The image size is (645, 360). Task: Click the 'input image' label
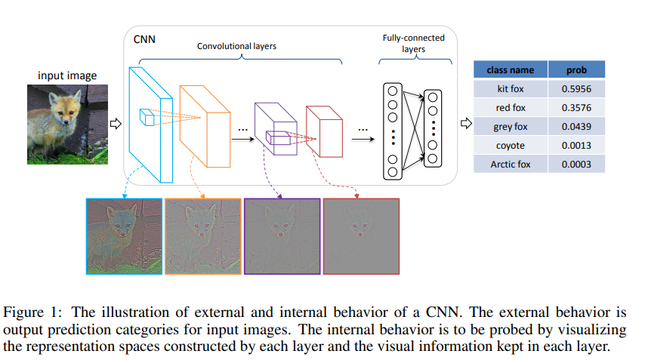(x=67, y=75)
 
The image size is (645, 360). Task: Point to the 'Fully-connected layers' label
(x=414, y=43)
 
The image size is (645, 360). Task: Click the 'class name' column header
(x=510, y=70)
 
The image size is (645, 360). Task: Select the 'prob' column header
(x=576, y=70)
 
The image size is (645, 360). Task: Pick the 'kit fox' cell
(x=510, y=89)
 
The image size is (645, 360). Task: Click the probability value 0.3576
(x=576, y=108)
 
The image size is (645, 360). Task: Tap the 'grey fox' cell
(x=510, y=127)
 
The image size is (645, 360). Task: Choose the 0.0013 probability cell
(x=576, y=146)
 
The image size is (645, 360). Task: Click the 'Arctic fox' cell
(x=510, y=165)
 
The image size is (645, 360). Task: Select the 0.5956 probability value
(x=576, y=89)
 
